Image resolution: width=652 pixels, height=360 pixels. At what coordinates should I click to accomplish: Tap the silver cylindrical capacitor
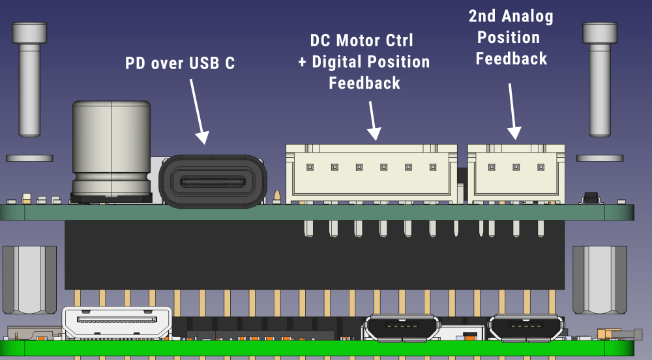coord(111,149)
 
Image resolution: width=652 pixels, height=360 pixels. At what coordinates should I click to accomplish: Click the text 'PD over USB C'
coord(179,63)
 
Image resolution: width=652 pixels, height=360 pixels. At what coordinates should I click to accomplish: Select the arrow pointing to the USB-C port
coord(198,111)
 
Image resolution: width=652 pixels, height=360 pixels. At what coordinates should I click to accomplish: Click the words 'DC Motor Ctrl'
coord(361,40)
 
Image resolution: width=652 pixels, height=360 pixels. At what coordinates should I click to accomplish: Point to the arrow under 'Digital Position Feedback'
coord(372,121)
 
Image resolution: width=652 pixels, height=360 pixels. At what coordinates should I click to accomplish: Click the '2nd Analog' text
coord(511,16)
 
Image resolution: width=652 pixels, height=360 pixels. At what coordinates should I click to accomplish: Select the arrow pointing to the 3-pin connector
coord(512,111)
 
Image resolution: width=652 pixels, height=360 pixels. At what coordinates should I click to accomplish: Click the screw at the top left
coord(29,78)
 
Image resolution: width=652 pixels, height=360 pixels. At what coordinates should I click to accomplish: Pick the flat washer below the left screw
coord(29,158)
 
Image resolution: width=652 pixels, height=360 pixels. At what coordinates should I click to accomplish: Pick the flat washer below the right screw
coord(599,158)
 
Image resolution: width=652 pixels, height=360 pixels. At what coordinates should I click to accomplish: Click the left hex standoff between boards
coord(29,279)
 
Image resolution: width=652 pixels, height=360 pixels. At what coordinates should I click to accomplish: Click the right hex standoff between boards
coord(599,279)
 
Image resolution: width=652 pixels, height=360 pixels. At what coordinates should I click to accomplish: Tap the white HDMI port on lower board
coord(117,320)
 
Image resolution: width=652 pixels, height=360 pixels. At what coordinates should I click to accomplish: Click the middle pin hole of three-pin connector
coord(516,167)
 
